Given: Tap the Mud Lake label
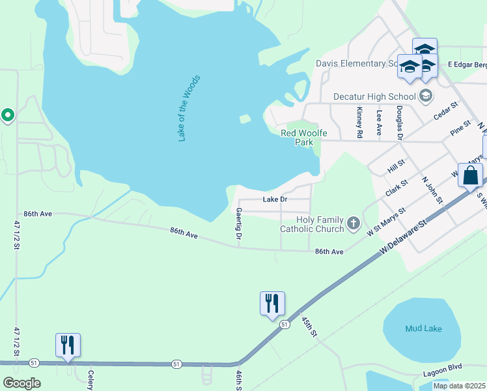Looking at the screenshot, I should (x=423, y=328).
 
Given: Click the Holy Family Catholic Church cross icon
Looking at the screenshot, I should (x=354, y=224).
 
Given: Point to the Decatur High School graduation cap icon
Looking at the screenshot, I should (x=426, y=96).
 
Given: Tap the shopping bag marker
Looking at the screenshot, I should (x=470, y=175).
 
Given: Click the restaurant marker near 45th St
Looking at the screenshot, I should (x=272, y=304).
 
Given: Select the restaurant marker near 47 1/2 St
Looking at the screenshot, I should (x=68, y=345).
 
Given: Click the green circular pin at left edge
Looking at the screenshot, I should (x=8, y=115).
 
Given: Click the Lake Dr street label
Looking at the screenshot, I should (x=275, y=199).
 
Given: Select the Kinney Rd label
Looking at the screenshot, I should (x=359, y=123).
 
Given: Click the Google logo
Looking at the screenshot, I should (x=21, y=383).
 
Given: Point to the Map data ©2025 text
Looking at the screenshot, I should (x=458, y=386).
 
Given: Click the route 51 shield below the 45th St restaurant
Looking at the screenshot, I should (x=284, y=324).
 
